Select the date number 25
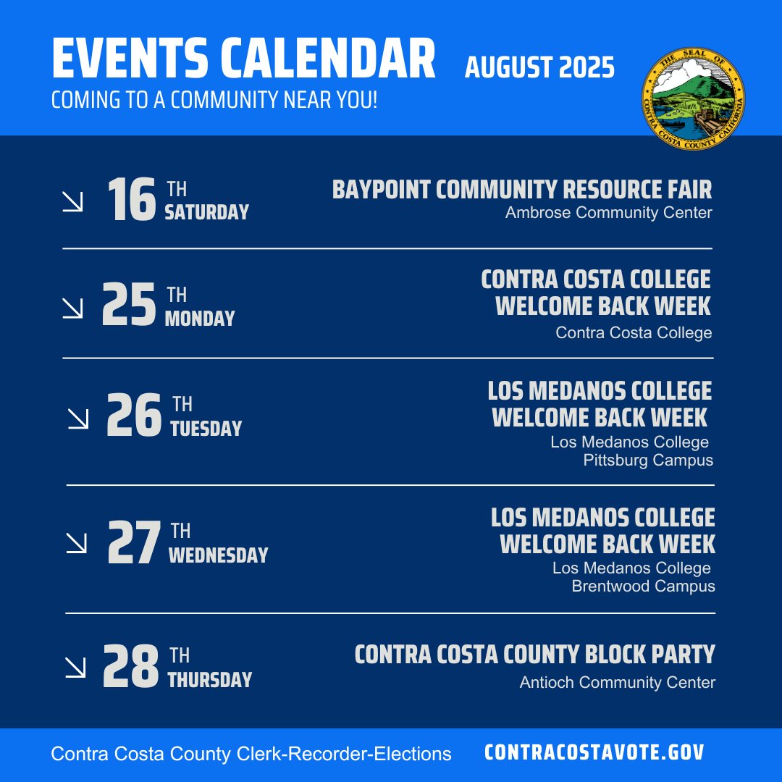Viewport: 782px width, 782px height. (x=129, y=306)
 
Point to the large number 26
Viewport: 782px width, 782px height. (x=133, y=416)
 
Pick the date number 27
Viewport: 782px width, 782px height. (x=133, y=543)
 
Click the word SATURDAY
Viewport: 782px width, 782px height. (x=206, y=213)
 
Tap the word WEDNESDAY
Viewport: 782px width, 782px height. (x=218, y=555)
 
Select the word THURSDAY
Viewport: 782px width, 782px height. (x=209, y=680)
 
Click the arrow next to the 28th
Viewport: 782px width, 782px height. (x=75, y=668)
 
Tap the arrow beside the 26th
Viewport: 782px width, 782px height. (x=77, y=418)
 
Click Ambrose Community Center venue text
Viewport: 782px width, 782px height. (x=608, y=213)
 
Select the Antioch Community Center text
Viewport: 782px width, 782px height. (x=617, y=682)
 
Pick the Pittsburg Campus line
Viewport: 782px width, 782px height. (x=647, y=461)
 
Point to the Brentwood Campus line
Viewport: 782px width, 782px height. (x=643, y=586)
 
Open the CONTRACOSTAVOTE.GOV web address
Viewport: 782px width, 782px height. (x=594, y=752)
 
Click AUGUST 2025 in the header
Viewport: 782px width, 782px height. (x=539, y=67)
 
